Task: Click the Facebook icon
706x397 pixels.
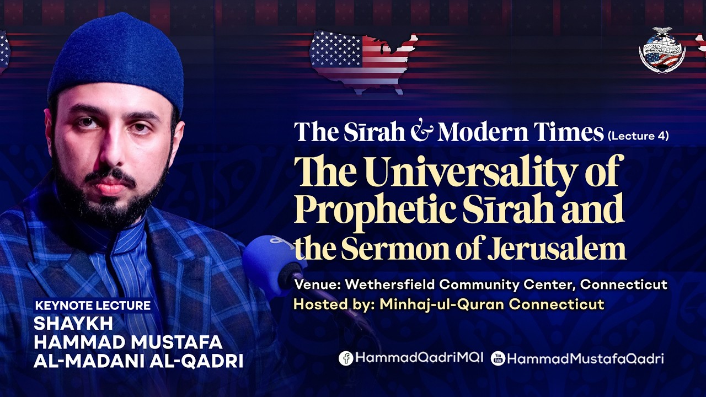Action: coord(346,358)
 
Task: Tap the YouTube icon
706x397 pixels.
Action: coord(498,358)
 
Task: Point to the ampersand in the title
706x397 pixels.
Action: coord(421,132)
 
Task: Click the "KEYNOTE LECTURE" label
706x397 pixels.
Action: coord(93,305)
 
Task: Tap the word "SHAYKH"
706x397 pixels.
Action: coord(73,324)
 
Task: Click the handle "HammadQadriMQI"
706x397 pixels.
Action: coord(420,358)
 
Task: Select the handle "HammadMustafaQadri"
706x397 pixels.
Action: coord(586,359)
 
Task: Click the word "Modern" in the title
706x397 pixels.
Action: coord(483,132)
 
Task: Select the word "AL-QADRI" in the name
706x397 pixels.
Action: coord(196,361)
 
